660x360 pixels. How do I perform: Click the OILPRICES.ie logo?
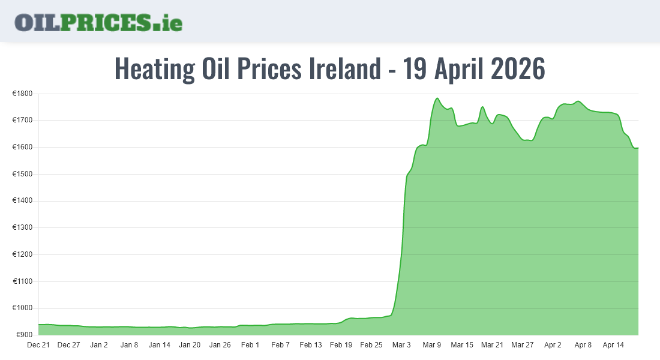point(98,22)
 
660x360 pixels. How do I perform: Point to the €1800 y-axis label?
point(23,94)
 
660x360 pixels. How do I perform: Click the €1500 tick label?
point(23,174)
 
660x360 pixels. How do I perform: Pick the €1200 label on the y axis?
point(23,254)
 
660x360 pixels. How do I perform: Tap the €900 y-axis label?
point(25,335)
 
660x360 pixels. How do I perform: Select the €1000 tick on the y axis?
point(23,308)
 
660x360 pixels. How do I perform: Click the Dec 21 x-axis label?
point(38,345)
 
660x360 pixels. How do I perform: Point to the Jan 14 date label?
point(160,345)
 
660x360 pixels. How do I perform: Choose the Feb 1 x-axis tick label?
point(250,345)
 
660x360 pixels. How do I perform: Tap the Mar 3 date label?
point(401,345)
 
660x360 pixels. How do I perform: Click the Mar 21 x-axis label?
point(492,345)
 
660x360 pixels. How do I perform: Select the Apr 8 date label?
point(583,345)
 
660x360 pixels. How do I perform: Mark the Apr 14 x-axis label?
point(613,345)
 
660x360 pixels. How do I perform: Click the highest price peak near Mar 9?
point(437,98)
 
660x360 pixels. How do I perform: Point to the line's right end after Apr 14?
point(637,148)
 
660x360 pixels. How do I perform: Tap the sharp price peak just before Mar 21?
point(482,107)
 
